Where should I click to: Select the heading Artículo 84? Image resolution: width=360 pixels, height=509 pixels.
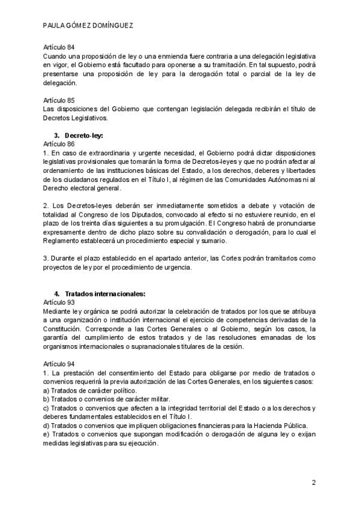tap(59, 47)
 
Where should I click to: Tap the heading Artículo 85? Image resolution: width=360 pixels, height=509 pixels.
tap(59, 100)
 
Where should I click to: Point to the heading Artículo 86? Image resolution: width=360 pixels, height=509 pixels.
tap(59, 145)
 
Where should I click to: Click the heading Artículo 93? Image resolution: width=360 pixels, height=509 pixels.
tap(59, 303)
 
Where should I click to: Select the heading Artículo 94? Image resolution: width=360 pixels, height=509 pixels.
tap(59, 364)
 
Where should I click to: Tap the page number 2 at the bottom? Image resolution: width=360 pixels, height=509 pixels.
tap(313, 483)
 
